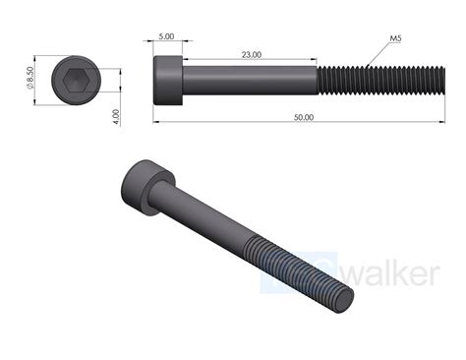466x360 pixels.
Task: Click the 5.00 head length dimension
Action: tap(166, 36)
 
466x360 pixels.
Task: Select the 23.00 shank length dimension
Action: tap(252, 54)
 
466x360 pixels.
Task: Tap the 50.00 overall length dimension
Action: tap(304, 117)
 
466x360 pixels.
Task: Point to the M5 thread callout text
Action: tap(395, 38)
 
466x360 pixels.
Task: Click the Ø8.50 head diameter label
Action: tap(30, 78)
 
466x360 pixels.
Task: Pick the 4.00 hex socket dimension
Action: tap(116, 117)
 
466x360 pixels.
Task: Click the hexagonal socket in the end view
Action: tap(76, 80)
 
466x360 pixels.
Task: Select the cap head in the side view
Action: tap(168, 81)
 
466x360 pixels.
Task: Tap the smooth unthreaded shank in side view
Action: tap(250, 81)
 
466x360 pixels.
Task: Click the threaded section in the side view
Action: tap(381, 81)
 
